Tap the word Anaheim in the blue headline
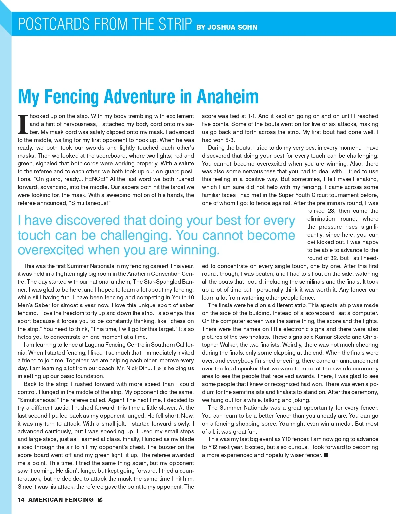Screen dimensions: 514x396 227,97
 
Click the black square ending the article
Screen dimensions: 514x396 326,455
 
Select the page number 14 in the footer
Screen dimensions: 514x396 21,500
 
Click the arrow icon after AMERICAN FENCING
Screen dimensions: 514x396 100,500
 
